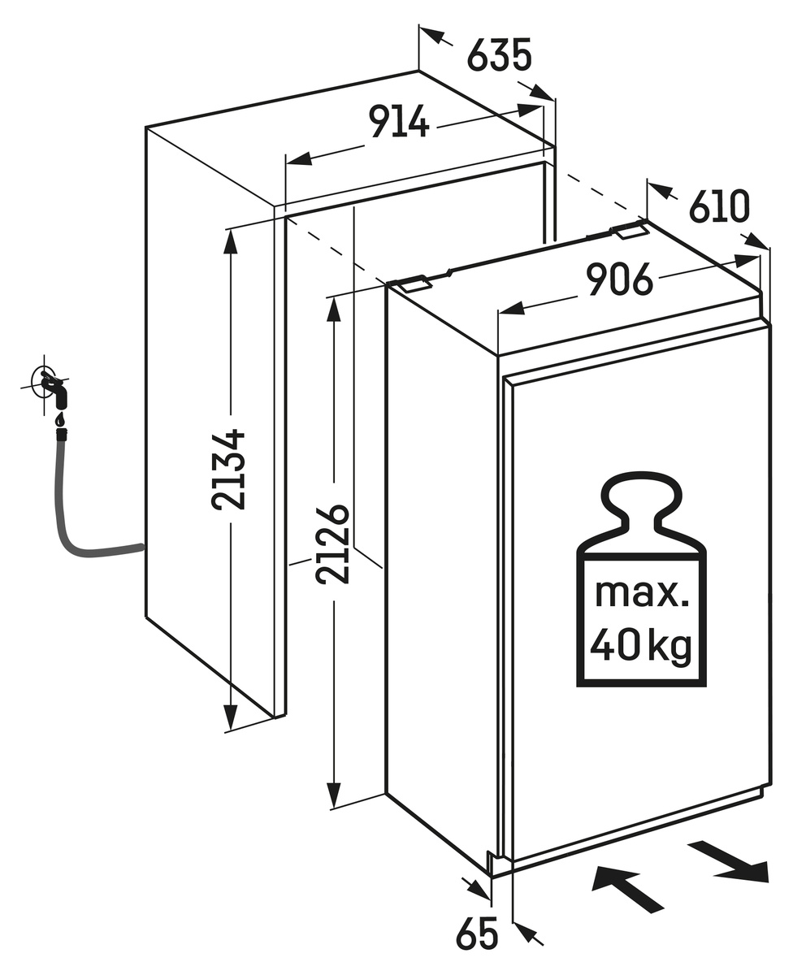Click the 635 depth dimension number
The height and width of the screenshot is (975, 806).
(499, 54)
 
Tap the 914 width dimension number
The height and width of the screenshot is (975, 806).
(399, 122)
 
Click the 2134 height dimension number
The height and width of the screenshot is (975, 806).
(229, 469)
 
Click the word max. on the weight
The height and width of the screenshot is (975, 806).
(642, 592)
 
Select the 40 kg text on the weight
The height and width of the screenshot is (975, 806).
(641, 646)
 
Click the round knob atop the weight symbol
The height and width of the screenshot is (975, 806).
(641, 492)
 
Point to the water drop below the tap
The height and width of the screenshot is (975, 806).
(59, 419)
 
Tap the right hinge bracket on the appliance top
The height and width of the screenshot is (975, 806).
(630, 230)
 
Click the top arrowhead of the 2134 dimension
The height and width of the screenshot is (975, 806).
(231, 241)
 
